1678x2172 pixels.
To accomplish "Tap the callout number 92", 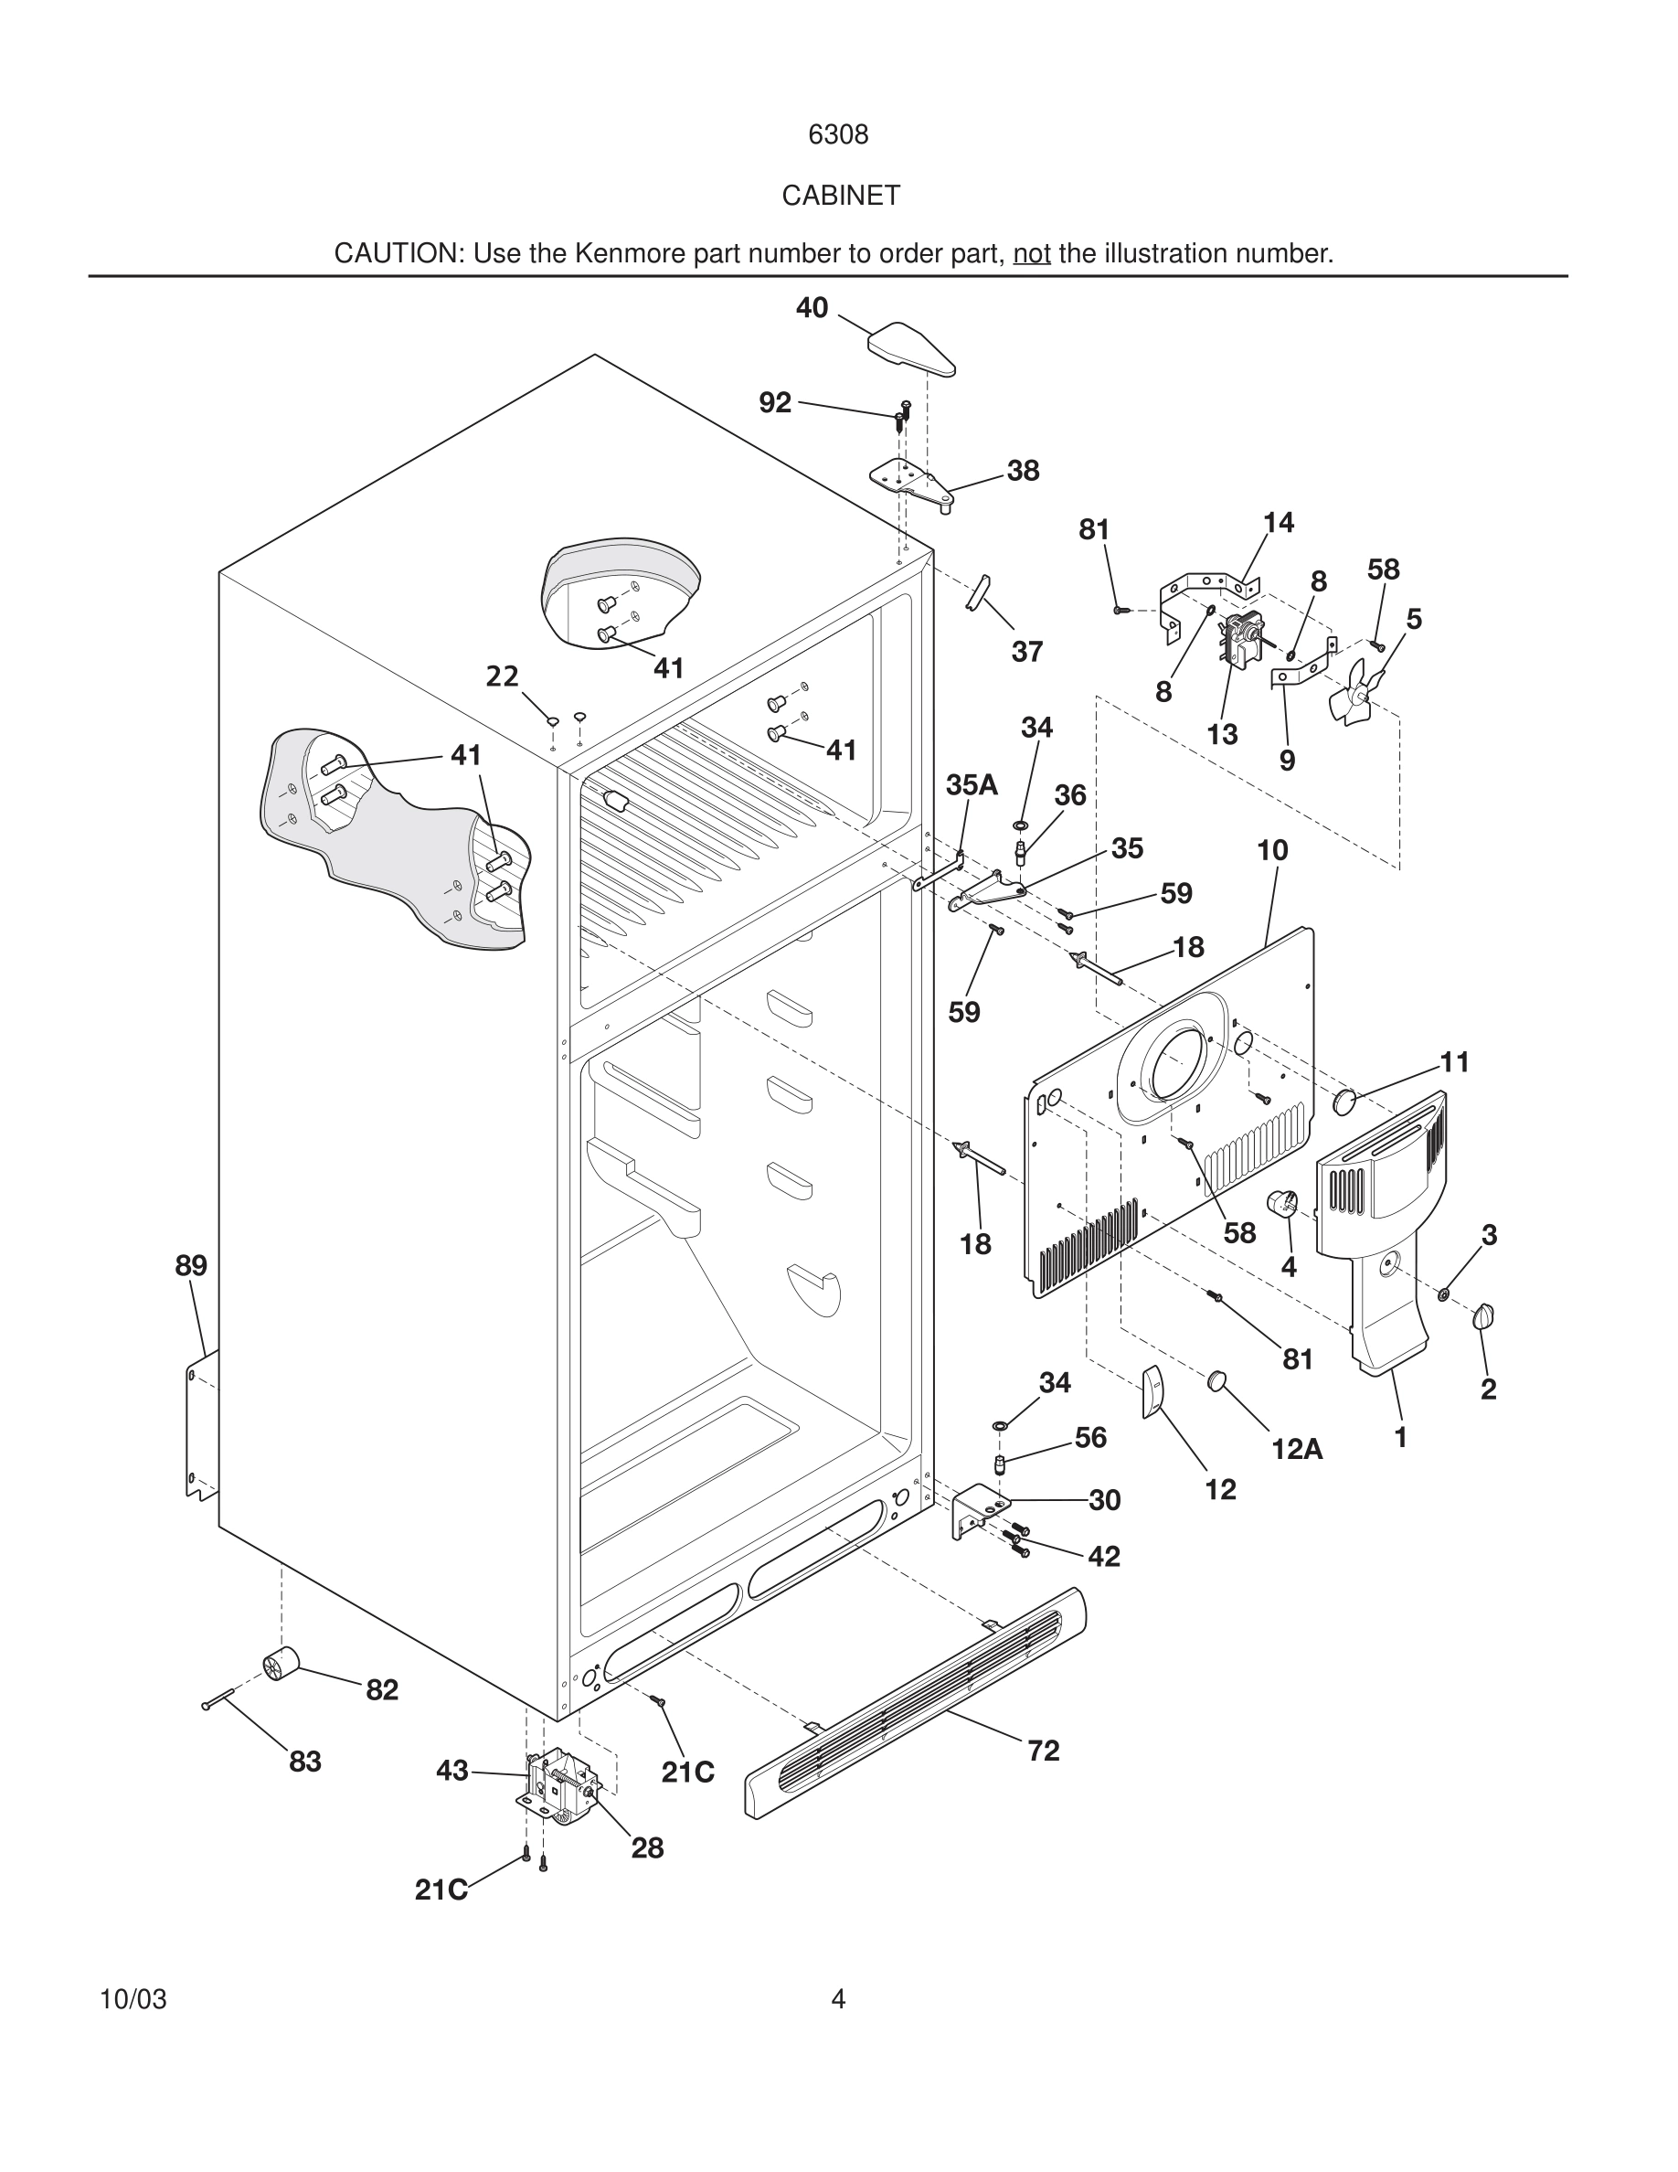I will [x=774, y=403].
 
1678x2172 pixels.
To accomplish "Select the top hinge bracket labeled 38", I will [x=908, y=480].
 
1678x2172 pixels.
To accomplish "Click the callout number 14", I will [x=1279, y=522].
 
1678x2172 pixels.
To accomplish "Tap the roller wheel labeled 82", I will [x=281, y=1663].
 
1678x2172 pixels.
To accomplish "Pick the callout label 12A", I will [x=1296, y=1450].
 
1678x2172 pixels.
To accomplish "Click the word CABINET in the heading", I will [x=840, y=196].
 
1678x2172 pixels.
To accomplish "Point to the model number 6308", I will [x=838, y=135].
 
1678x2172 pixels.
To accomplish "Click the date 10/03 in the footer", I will [x=133, y=1999].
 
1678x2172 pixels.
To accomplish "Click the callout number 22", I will [x=502, y=676].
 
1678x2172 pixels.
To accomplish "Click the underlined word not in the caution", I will [x=1031, y=253].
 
